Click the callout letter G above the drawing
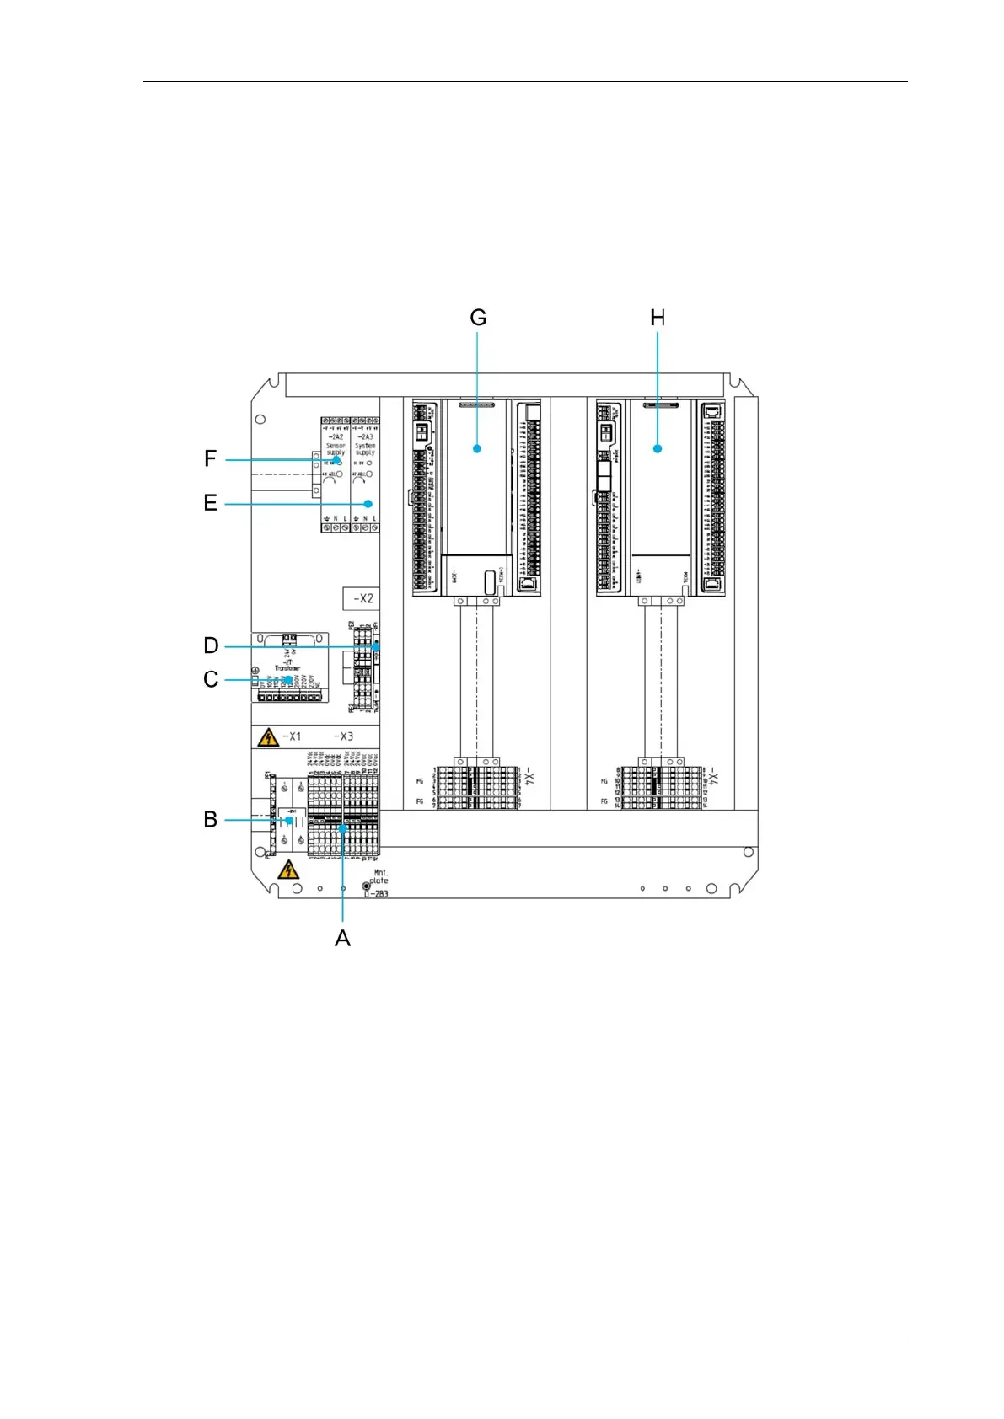pos(478,318)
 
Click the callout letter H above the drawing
pos(658,318)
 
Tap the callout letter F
pos(211,459)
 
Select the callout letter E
pos(211,503)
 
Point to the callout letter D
pos(211,646)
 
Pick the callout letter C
pos(211,679)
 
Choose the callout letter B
pos(211,819)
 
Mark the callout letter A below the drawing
pos(342,938)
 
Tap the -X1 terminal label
pos(291,736)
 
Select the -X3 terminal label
pos(343,736)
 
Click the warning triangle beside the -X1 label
pos(268,738)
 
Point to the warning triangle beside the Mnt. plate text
pos(288,869)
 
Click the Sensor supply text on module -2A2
pos(336,449)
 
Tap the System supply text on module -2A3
pos(365,449)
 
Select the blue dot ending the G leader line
pos(477,448)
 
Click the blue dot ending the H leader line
pos(658,448)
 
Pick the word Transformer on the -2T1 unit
pos(287,668)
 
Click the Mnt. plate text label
pos(379,877)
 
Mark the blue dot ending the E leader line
pos(368,504)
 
